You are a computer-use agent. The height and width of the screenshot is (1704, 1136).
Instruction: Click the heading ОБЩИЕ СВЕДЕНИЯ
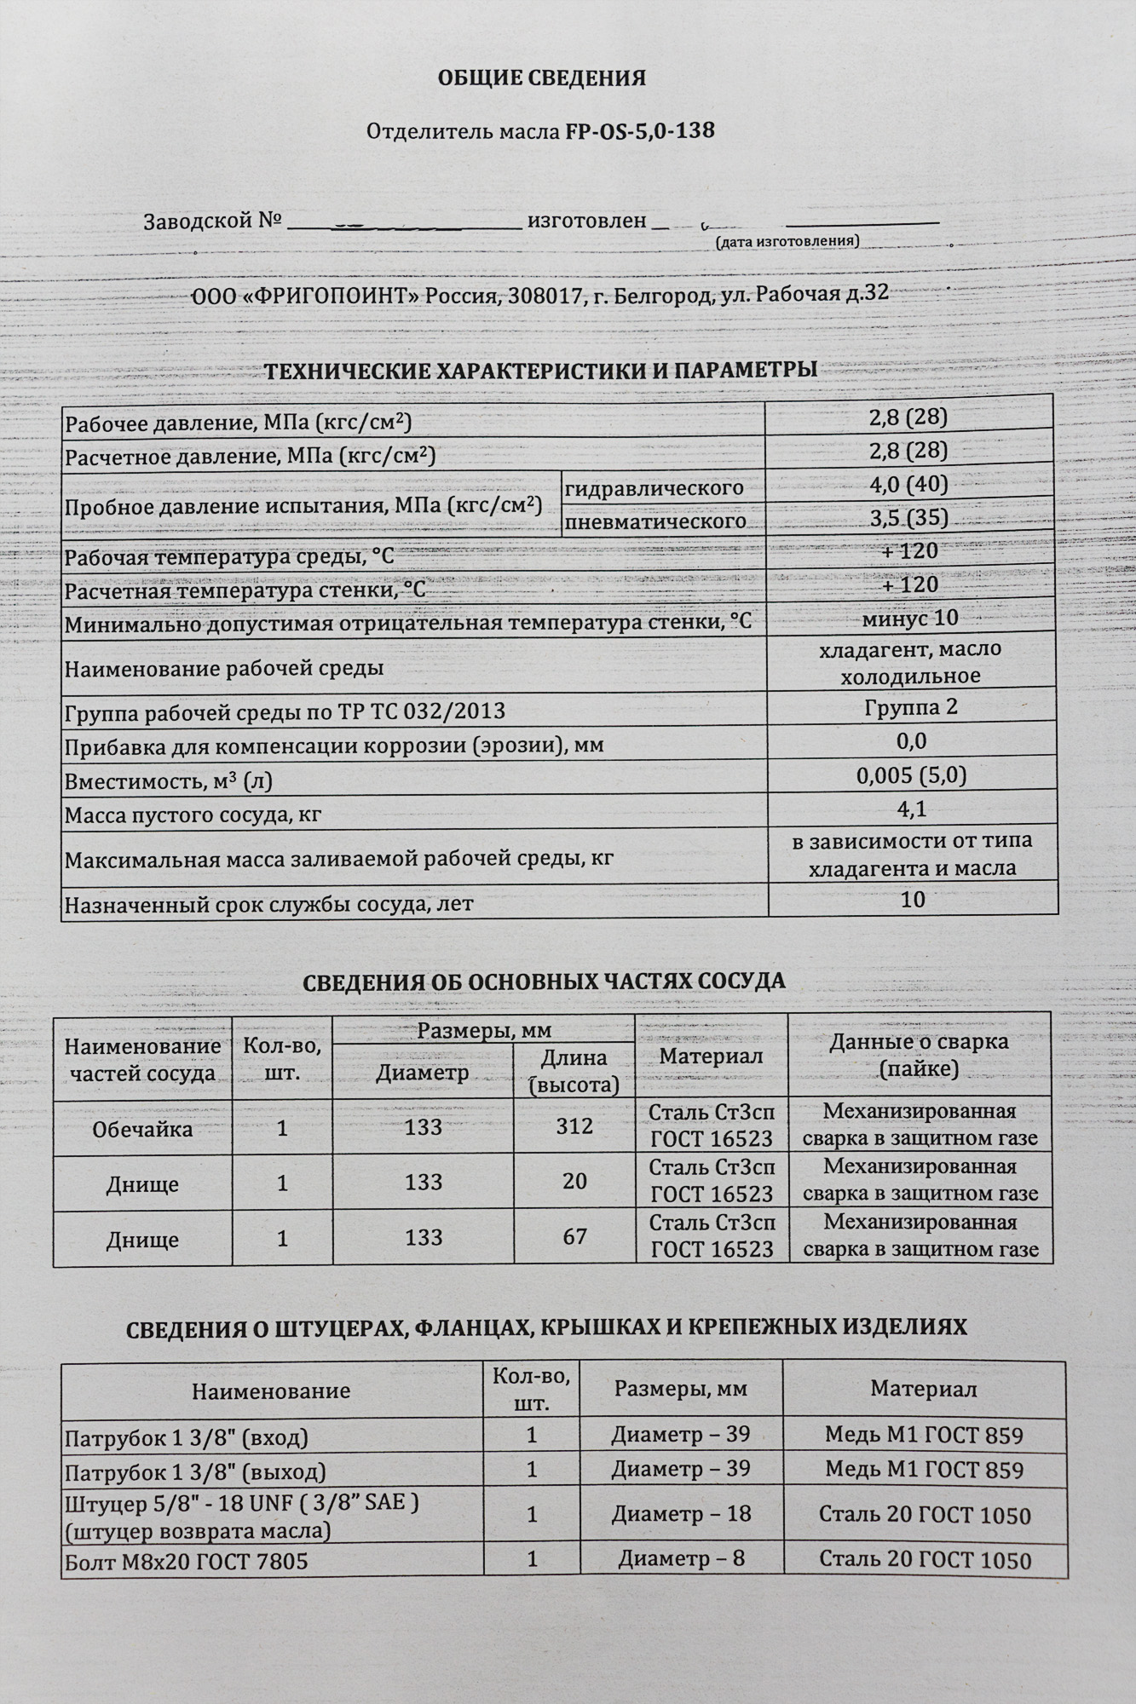tap(541, 78)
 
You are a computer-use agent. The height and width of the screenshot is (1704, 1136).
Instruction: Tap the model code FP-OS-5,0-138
tap(639, 131)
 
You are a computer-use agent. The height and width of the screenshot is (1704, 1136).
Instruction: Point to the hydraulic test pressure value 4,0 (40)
tap(908, 485)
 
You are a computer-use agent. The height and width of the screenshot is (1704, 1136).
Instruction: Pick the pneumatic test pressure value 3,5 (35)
tap(908, 518)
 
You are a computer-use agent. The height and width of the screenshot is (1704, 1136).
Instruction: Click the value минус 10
tap(910, 618)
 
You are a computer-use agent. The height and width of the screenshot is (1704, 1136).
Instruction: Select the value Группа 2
tap(911, 708)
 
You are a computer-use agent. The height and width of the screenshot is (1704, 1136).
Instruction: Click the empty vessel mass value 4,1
tap(912, 809)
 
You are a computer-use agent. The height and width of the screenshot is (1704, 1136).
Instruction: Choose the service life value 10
tap(913, 900)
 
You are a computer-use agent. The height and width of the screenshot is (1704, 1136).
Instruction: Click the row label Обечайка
tap(142, 1130)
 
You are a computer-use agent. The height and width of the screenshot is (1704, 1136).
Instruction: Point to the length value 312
tap(574, 1126)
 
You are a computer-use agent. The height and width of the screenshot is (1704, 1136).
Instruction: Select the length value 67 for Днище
tap(575, 1236)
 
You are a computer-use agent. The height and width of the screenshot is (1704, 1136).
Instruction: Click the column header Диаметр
tap(423, 1073)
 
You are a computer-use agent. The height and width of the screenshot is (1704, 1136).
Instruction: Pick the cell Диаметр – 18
tap(681, 1513)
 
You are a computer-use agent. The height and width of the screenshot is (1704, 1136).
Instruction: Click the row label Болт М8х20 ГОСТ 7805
tap(187, 1561)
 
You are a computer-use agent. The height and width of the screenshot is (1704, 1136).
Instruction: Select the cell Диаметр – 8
tap(681, 1558)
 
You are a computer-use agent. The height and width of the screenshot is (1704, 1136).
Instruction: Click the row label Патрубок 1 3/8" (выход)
tap(196, 1472)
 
